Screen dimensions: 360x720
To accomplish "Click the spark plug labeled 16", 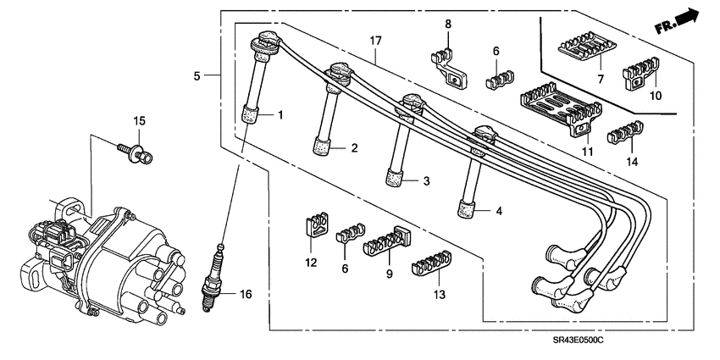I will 217,280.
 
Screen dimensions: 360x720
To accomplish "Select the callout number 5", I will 197,76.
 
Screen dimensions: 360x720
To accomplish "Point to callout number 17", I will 376,40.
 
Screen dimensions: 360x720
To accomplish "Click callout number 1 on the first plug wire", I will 280,114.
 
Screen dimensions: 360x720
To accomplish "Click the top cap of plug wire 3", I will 412,102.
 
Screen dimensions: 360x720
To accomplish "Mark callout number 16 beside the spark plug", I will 246,295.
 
